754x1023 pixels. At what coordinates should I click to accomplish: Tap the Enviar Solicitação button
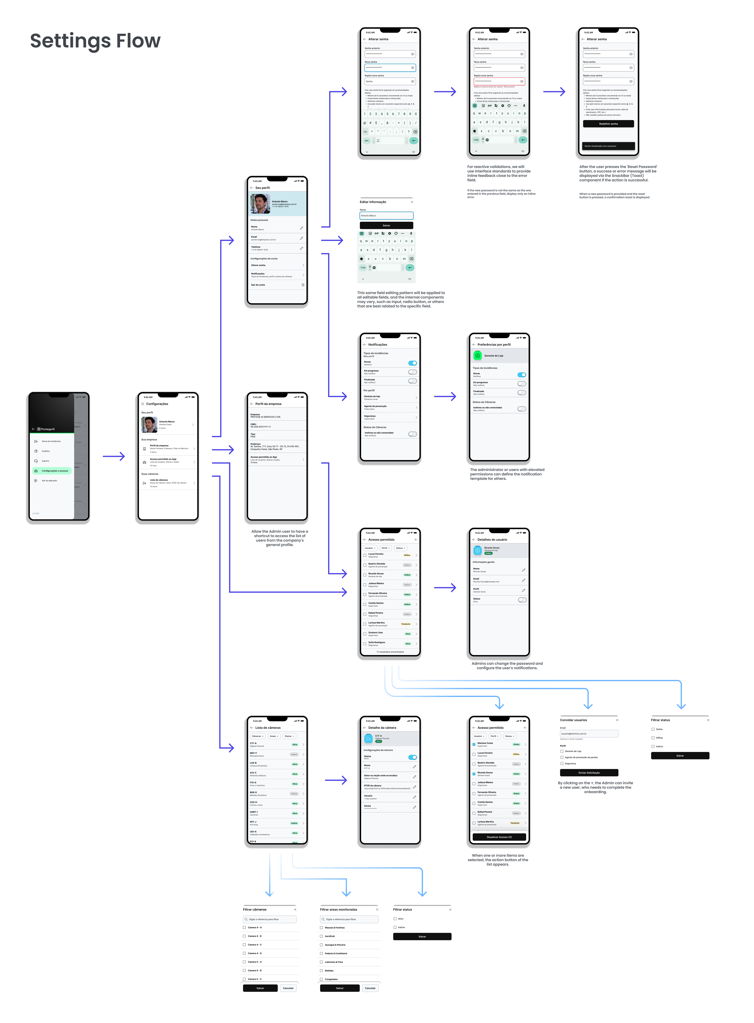pos(589,773)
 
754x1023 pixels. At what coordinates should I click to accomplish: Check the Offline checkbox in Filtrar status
pos(653,738)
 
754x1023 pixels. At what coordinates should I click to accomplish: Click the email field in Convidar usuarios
pos(589,734)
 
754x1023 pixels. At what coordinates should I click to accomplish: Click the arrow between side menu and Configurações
pos(114,457)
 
